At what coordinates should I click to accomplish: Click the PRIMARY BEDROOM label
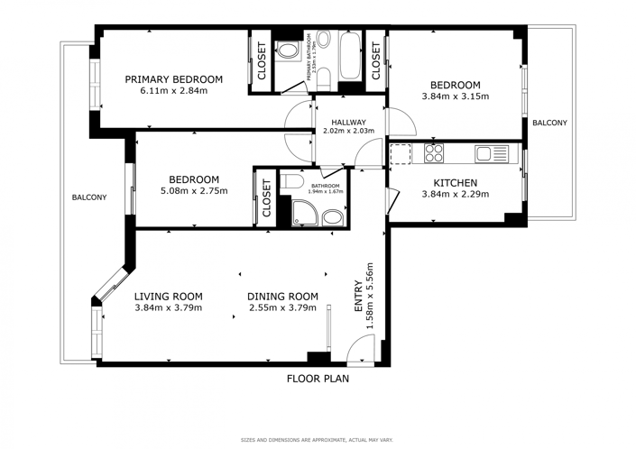(x=186, y=79)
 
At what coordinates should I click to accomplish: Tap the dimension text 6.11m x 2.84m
(x=174, y=90)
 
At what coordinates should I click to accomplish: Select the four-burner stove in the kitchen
(x=434, y=153)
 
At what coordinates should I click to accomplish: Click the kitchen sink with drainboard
(x=493, y=154)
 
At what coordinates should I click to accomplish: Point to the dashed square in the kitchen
(x=401, y=153)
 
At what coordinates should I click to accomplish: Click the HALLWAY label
(x=348, y=122)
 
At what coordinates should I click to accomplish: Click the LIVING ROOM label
(x=168, y=296)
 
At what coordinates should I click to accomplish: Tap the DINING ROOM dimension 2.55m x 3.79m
(x=283, y=307)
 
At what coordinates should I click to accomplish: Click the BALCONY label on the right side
(x=549, y=123)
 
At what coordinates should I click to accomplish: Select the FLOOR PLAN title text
(x=318, y=379)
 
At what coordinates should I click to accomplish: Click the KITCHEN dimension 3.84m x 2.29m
(x=456, y=193)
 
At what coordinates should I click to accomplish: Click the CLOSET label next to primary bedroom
(x=262, y=60)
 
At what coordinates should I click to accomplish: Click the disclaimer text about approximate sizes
(x=317, y=440)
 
